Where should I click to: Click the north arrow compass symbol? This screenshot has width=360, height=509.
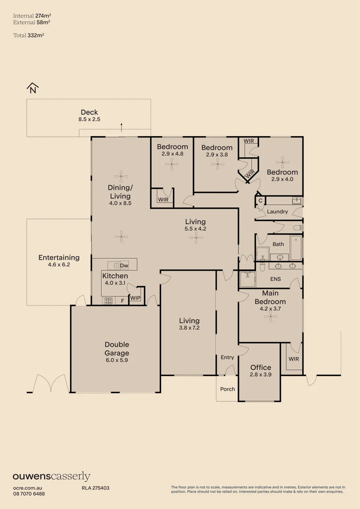tap(32, 88)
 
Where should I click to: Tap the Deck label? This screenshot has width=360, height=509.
tap(89, 112)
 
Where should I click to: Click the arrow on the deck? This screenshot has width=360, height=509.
tap(122, 127)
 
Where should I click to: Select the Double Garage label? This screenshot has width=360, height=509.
tap(117, 349)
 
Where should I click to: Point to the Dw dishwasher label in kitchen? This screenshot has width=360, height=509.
tap(124, 265)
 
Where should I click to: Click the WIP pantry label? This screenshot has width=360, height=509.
tap(135, 298)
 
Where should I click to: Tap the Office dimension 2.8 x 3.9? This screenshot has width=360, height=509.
tap(261, 376)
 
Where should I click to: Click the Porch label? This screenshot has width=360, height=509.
tap(227, 389)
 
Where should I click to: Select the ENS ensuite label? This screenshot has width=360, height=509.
tap(275, 279)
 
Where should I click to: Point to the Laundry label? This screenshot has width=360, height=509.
tap(277, 212)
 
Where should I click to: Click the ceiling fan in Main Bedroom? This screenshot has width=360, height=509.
tap(270, 316)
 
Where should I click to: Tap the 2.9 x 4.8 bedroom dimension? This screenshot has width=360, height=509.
tap(172, 154)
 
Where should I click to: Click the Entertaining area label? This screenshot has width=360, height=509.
tap(59, 258)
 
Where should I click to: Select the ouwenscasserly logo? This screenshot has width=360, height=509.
tap(51, 476)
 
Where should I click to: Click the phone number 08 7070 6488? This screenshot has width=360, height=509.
tap(29, 493)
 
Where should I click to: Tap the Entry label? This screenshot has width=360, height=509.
tap(227, 357)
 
